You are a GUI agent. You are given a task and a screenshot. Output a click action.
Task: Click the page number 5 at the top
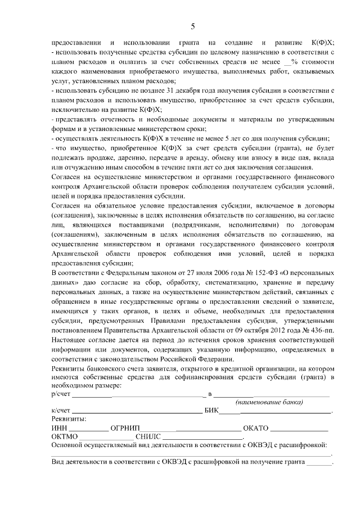(x=193, y=26)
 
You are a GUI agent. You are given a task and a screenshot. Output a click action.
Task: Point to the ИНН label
(x=59, y=427)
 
